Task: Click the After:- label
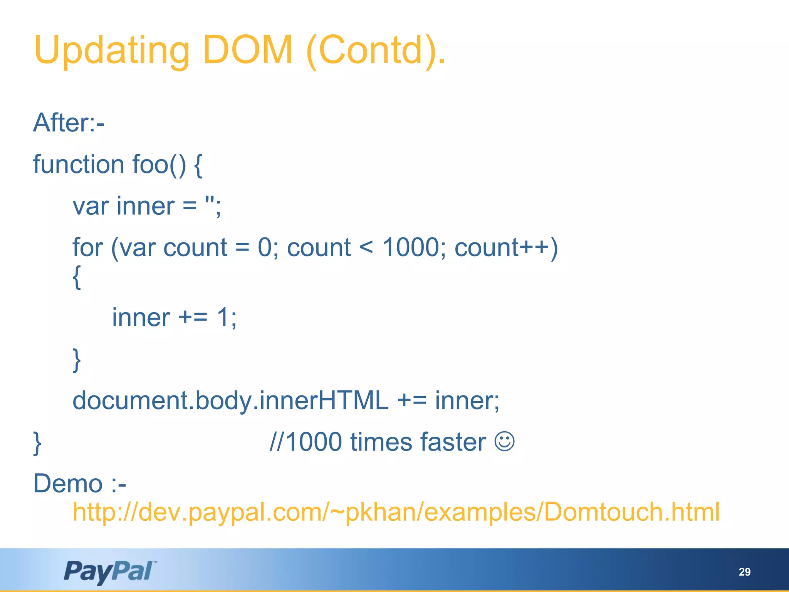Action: [69, 123]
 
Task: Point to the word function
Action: [78, 165]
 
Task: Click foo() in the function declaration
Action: [159, 165]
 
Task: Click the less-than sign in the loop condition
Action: [366, 247]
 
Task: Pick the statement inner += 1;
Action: [174, 318]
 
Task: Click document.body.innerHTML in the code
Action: [230, 400]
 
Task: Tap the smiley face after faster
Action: [504, 442]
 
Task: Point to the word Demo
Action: [68, 483]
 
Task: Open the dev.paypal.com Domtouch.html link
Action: [396, 512]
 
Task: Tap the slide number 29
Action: [744, 572]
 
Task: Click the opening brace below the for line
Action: [77, 277]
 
